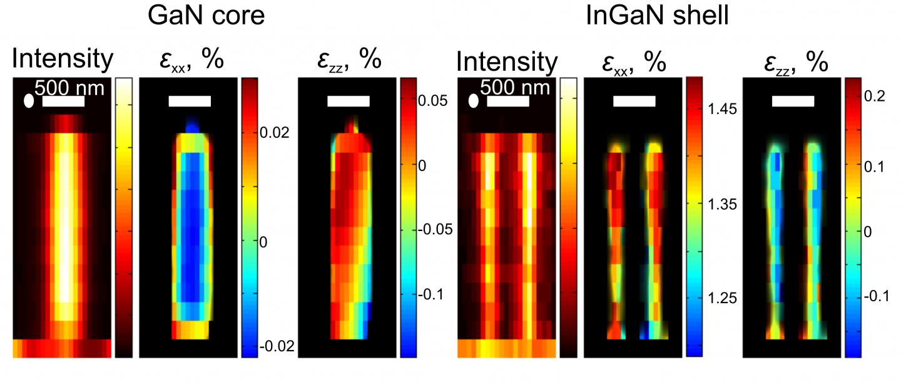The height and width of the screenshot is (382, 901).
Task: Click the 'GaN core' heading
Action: click(206, 16)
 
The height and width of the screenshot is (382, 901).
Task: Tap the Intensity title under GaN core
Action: click(63, 60)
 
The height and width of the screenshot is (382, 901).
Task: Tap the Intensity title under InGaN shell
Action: click(507, 62)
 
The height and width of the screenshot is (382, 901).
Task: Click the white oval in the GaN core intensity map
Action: click(29, 101)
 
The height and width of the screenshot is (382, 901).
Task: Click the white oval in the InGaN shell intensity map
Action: click(474, 101)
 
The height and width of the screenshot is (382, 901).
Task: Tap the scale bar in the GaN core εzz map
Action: click(349, 101)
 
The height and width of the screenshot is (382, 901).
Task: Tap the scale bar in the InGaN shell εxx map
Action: click(634, 101)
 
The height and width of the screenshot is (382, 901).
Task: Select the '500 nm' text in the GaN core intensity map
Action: click(69, 87)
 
